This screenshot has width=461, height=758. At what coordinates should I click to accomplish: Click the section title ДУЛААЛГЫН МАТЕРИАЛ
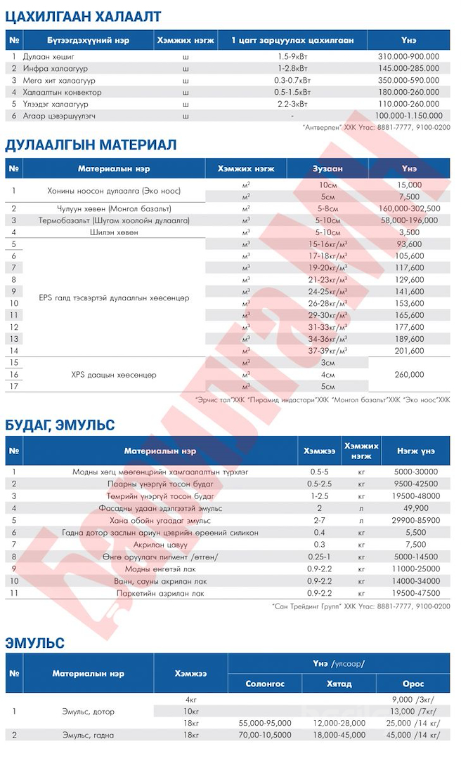coord(91,145)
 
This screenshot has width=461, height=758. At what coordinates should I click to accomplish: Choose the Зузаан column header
coord(327,169)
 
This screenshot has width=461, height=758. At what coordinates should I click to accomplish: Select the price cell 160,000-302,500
coord(409,208)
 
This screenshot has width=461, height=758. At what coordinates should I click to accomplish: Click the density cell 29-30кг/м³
coord(327,315)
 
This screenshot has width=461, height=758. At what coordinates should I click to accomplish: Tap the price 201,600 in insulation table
coord(409,351)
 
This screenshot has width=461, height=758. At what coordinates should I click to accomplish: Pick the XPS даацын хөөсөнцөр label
coord(114,375)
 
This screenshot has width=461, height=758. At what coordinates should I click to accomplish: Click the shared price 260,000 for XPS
coord(409,375)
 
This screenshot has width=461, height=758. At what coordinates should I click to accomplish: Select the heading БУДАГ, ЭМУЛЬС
coord(60,425)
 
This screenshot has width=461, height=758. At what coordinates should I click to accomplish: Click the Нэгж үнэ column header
coord(415,451)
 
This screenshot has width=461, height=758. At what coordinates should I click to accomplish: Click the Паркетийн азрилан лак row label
coord(160,593)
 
